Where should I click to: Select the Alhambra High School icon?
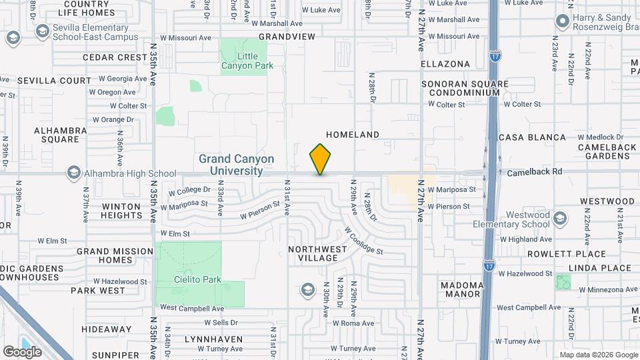click(x=74, y=173)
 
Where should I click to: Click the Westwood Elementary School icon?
click(x=561, y=219)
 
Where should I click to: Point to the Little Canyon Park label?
click(x=243, y=61)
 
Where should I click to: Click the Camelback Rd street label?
click(x=534, y=171)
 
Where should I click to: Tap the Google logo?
click(x=22, y=351)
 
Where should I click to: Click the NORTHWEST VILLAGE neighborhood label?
click(x=318, y=253)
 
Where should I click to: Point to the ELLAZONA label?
click(x=445, y=64)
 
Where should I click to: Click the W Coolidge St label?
click(x=363, y=241)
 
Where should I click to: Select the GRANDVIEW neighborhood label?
click(x=287, y=37)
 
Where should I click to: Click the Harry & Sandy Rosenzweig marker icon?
click(x=562, y=22)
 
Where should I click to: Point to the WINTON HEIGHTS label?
click(x=121, y=211)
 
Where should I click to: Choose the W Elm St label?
click(x=53, y=240)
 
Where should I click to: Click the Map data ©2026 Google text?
click(x=597, y=355)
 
